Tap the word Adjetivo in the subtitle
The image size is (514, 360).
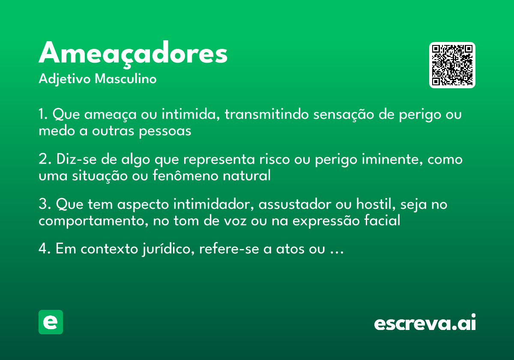coord(65,79)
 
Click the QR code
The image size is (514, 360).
coord(452,65)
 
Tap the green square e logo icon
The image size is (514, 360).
coord(51,322)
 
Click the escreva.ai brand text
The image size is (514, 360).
coord(425,323)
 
